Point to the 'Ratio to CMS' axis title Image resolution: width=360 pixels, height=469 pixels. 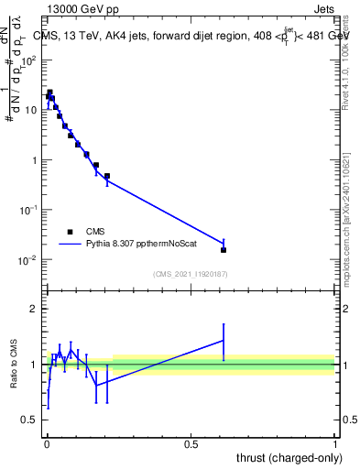pyautogui.click(x=15, y=364)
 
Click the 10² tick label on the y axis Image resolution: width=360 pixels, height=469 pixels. pyautogui.click(x=28, y=60)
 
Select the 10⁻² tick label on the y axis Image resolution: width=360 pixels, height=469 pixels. pyautogui.click(x=28, y=260)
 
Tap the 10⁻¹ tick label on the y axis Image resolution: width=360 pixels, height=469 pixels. pyautogui.click(x=28, y=210)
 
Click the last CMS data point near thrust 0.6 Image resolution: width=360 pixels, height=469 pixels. pyautogui.click(x=224, y=249)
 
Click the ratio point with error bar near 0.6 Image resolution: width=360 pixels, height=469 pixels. pyautogui.click(x=224, y=340)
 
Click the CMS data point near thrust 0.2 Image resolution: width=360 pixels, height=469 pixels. pyautogui.click(x=107, y=176)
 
